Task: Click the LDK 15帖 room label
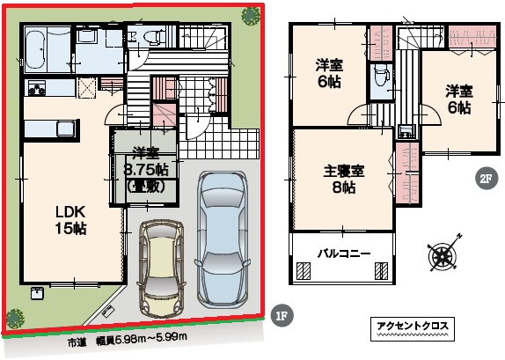[71, 220]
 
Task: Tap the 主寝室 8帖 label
[344, 180]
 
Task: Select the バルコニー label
[344, 253]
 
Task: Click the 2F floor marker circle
[487, 178]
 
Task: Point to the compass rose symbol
[443, 252]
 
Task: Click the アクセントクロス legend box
[413, 328]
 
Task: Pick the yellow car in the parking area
[161, 269]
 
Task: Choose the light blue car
[222, 239]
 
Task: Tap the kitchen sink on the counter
[66, 129]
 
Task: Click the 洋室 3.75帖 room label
[147, 170]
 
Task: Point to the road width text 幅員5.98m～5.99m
[142, 342]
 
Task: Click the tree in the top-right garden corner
[252, 16]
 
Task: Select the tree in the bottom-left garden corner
[15, 319]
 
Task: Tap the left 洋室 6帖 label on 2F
[329, 74]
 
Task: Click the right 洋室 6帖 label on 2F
[459, 99]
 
